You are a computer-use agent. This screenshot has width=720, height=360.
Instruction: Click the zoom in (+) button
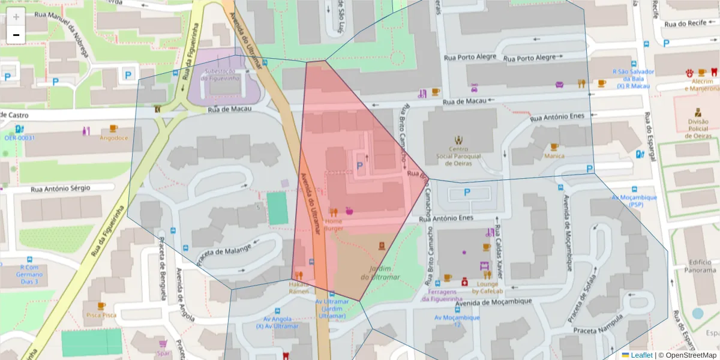(x=16, y=17)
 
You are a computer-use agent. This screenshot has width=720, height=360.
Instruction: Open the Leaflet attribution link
(x=641, y=355)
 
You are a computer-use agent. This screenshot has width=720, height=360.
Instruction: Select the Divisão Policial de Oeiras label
(x=697, y=128)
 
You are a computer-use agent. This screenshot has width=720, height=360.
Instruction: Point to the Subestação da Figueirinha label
(x=223, y=74)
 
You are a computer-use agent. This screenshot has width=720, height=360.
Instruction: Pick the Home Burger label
(x=333, y=224)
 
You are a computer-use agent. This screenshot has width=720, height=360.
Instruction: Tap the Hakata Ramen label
(x=299, y=287)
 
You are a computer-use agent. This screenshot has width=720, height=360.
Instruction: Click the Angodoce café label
(x=113, y=137)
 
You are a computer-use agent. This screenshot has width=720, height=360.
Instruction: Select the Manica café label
(x=554, y=156)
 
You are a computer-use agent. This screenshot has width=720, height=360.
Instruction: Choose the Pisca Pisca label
(x=101, y=314)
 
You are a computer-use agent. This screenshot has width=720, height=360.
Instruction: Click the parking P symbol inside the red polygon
(x=360, y=165)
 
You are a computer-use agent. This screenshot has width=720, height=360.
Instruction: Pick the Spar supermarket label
(x=162, y=353)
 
